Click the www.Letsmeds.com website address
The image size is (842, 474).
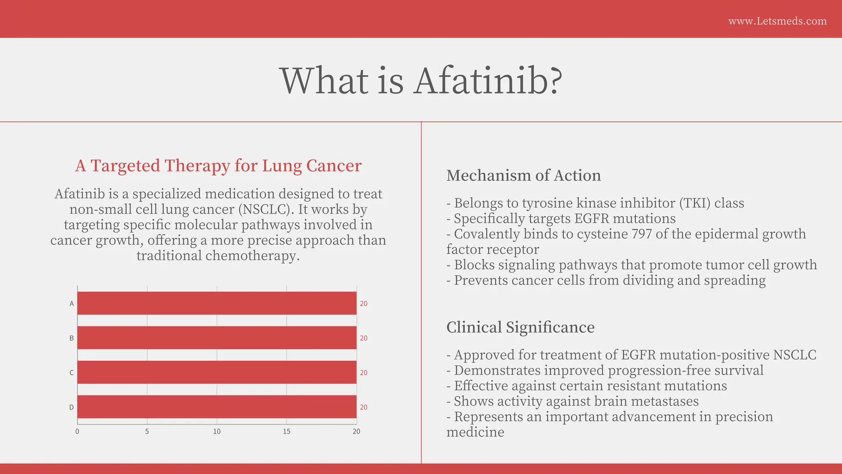pyautogui.click(x=777, y=21)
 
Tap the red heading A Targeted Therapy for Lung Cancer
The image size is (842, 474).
pyautogui.click(x=218, y=165)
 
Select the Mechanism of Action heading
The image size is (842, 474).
pyautogui.click(x=523, y=175)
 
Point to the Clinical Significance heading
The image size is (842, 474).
pyautogui.click(x=520, y=327)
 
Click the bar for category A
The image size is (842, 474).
pyautogui.click(x=217, y=303)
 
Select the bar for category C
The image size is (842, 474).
pyautogui.click(x=217, y=372)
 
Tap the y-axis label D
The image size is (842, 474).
pyautogui.click(x=72, y=407)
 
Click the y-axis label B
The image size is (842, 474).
pyautogui.click(x=72, y=338)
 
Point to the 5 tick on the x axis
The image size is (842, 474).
pyautogui.click(x=147, y=432)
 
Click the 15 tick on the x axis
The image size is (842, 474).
pyautogui.click(x=287, y=432)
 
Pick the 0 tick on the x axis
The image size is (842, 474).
pyautogui.click(x=77, y=432)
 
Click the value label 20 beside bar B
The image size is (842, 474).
pyautogui.click(x=363, y=338)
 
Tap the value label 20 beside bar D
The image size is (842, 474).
pyautogui.click(x=363, y=407)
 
